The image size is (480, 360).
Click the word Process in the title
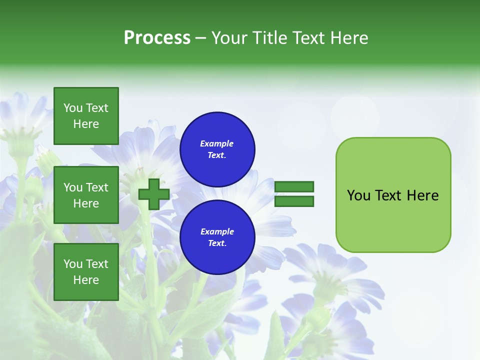click(x=157, y=38)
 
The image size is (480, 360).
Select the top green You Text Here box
click(x=86, y=116)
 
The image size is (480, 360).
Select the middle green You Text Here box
click(x=86, y=195)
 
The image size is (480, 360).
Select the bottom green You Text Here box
click(x=86, y=272)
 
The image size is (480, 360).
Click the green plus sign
click(x=154, y=194)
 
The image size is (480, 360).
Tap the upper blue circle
click(x=217, y=149)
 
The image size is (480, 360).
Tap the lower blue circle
click(x=217, y=237)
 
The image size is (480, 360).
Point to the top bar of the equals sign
click(x=294, y=186)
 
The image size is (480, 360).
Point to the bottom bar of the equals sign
click(x=294, y=201)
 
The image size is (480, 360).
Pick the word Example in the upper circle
click(x=217, y=143)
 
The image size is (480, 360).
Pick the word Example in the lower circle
click(x=217, y=231)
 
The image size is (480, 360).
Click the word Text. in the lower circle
click(x=217, y=243)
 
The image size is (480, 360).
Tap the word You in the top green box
click(x=73, y=108)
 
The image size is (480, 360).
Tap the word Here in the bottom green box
click(x=86, y=280)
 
